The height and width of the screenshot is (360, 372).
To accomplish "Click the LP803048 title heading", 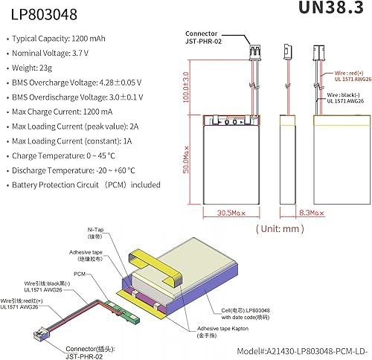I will [36, 14].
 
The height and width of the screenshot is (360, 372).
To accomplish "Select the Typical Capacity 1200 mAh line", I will [69, 37].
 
